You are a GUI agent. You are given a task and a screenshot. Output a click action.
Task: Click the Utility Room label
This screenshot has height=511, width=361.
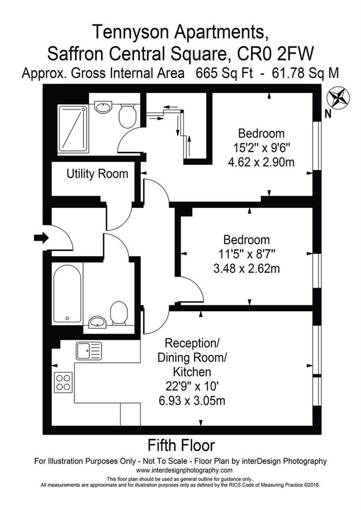tap(97, 174)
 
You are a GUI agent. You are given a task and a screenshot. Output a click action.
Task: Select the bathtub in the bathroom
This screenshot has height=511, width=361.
tap(67, 293)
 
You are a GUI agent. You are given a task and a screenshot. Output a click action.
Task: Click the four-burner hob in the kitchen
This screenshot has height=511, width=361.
tap(63, 382)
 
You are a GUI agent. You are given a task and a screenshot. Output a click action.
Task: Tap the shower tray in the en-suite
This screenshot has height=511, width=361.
tap(73, 128)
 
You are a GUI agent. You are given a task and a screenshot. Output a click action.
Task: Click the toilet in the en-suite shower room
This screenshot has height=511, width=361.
tap(127, 115)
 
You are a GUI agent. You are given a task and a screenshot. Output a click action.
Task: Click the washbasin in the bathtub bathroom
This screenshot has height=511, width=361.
tap(98, 322)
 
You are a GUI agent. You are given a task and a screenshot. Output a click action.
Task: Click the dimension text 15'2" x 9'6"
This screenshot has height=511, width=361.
tap(261, 148)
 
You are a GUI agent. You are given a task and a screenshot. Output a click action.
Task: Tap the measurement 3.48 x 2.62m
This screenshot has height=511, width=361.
tap(247, 269)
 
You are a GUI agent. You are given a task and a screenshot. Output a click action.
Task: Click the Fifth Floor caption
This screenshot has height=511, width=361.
tap(181, 445)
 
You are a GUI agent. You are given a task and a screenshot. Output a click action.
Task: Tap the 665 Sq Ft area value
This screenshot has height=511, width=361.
tap(219, 73)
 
